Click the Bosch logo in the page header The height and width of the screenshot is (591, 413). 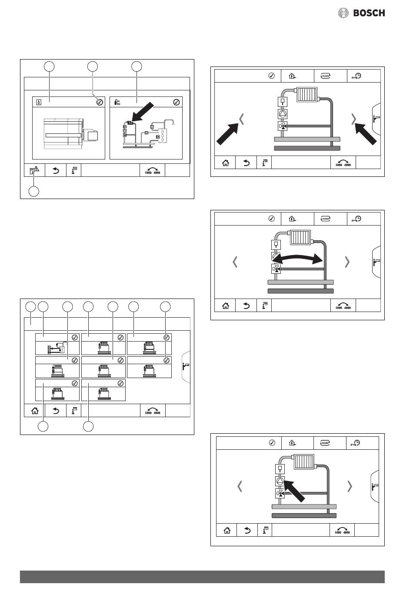point(362,13)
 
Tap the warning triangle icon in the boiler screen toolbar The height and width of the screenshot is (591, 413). point(34,171)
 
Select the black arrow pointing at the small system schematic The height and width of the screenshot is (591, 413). point(143,113)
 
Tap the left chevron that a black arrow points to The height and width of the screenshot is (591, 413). point(242,119)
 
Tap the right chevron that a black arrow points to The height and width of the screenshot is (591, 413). point(354,119)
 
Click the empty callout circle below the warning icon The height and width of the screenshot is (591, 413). point(34,191)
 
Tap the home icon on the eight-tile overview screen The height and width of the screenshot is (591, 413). point(35,410)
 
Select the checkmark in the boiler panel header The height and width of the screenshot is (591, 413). point(100,102)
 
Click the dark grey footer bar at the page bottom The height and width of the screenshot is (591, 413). point(202,577)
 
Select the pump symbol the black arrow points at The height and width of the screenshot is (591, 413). point(280,481)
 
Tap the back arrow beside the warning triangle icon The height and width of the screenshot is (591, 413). point(56,171)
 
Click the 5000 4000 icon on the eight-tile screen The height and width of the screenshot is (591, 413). point(153,411)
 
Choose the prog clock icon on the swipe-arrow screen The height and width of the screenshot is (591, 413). point(356,219)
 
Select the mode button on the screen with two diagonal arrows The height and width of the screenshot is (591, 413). point(325,76)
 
